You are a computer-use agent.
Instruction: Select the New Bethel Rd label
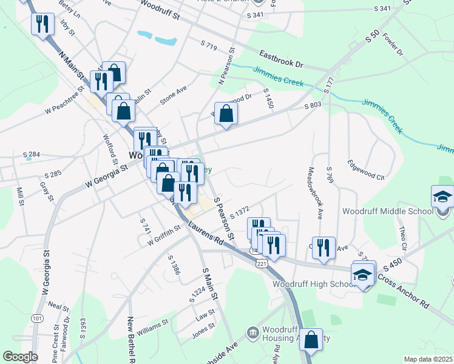click(x=131, y=340)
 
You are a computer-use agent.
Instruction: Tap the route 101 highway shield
click(x=38, y=318)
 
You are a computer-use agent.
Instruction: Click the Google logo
click(x=20, y=357)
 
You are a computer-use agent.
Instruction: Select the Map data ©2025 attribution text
click(x=428, y=359)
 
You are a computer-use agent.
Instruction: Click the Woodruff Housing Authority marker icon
click(x=253, y=332)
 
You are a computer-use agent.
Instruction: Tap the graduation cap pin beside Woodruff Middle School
click(x=442, y=197)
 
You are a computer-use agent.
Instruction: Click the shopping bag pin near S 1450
click(x=226, y=113)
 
